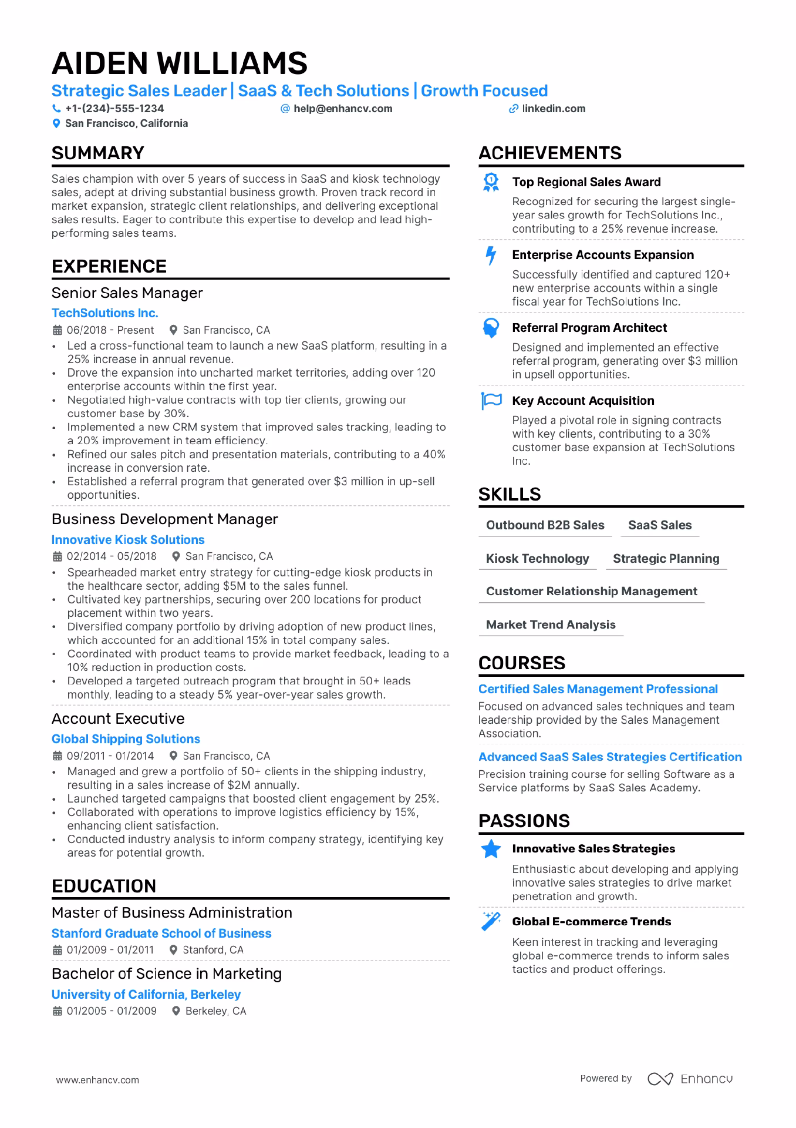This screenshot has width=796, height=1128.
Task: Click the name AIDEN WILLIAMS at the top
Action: pos(180,63)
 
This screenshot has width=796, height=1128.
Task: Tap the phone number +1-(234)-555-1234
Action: pos(114,109)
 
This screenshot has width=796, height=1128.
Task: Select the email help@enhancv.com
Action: pos(343,109)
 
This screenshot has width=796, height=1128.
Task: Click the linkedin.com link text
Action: pos(554,109)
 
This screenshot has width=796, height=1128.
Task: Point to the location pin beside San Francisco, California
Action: pos(56,123)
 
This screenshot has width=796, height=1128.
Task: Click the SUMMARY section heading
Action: pos(98,153)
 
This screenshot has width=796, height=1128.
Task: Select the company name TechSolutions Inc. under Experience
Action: pos(105,313)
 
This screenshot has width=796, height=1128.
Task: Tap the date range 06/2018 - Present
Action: pos(110,330)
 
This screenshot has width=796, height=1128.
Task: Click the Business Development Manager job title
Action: pos(165,519)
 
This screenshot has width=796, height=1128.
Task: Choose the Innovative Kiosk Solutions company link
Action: pos(128,540)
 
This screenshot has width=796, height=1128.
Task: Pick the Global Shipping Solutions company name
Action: pos(126,739)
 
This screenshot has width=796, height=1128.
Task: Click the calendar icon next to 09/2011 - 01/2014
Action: pos(57,756)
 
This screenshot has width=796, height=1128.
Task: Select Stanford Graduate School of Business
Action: pos(161,934)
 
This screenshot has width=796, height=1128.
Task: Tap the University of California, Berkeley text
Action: pos(146,995)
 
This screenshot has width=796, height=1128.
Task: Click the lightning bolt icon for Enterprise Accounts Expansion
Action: pos(491,256)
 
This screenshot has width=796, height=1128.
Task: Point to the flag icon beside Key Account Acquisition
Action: pos(491,401)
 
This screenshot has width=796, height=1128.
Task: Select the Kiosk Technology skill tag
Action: pos(537,559)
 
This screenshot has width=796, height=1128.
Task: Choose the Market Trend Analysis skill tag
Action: pos(551,625)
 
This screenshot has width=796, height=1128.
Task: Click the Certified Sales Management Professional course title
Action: pos(598,689)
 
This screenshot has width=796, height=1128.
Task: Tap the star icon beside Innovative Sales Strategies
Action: pos(491,849)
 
